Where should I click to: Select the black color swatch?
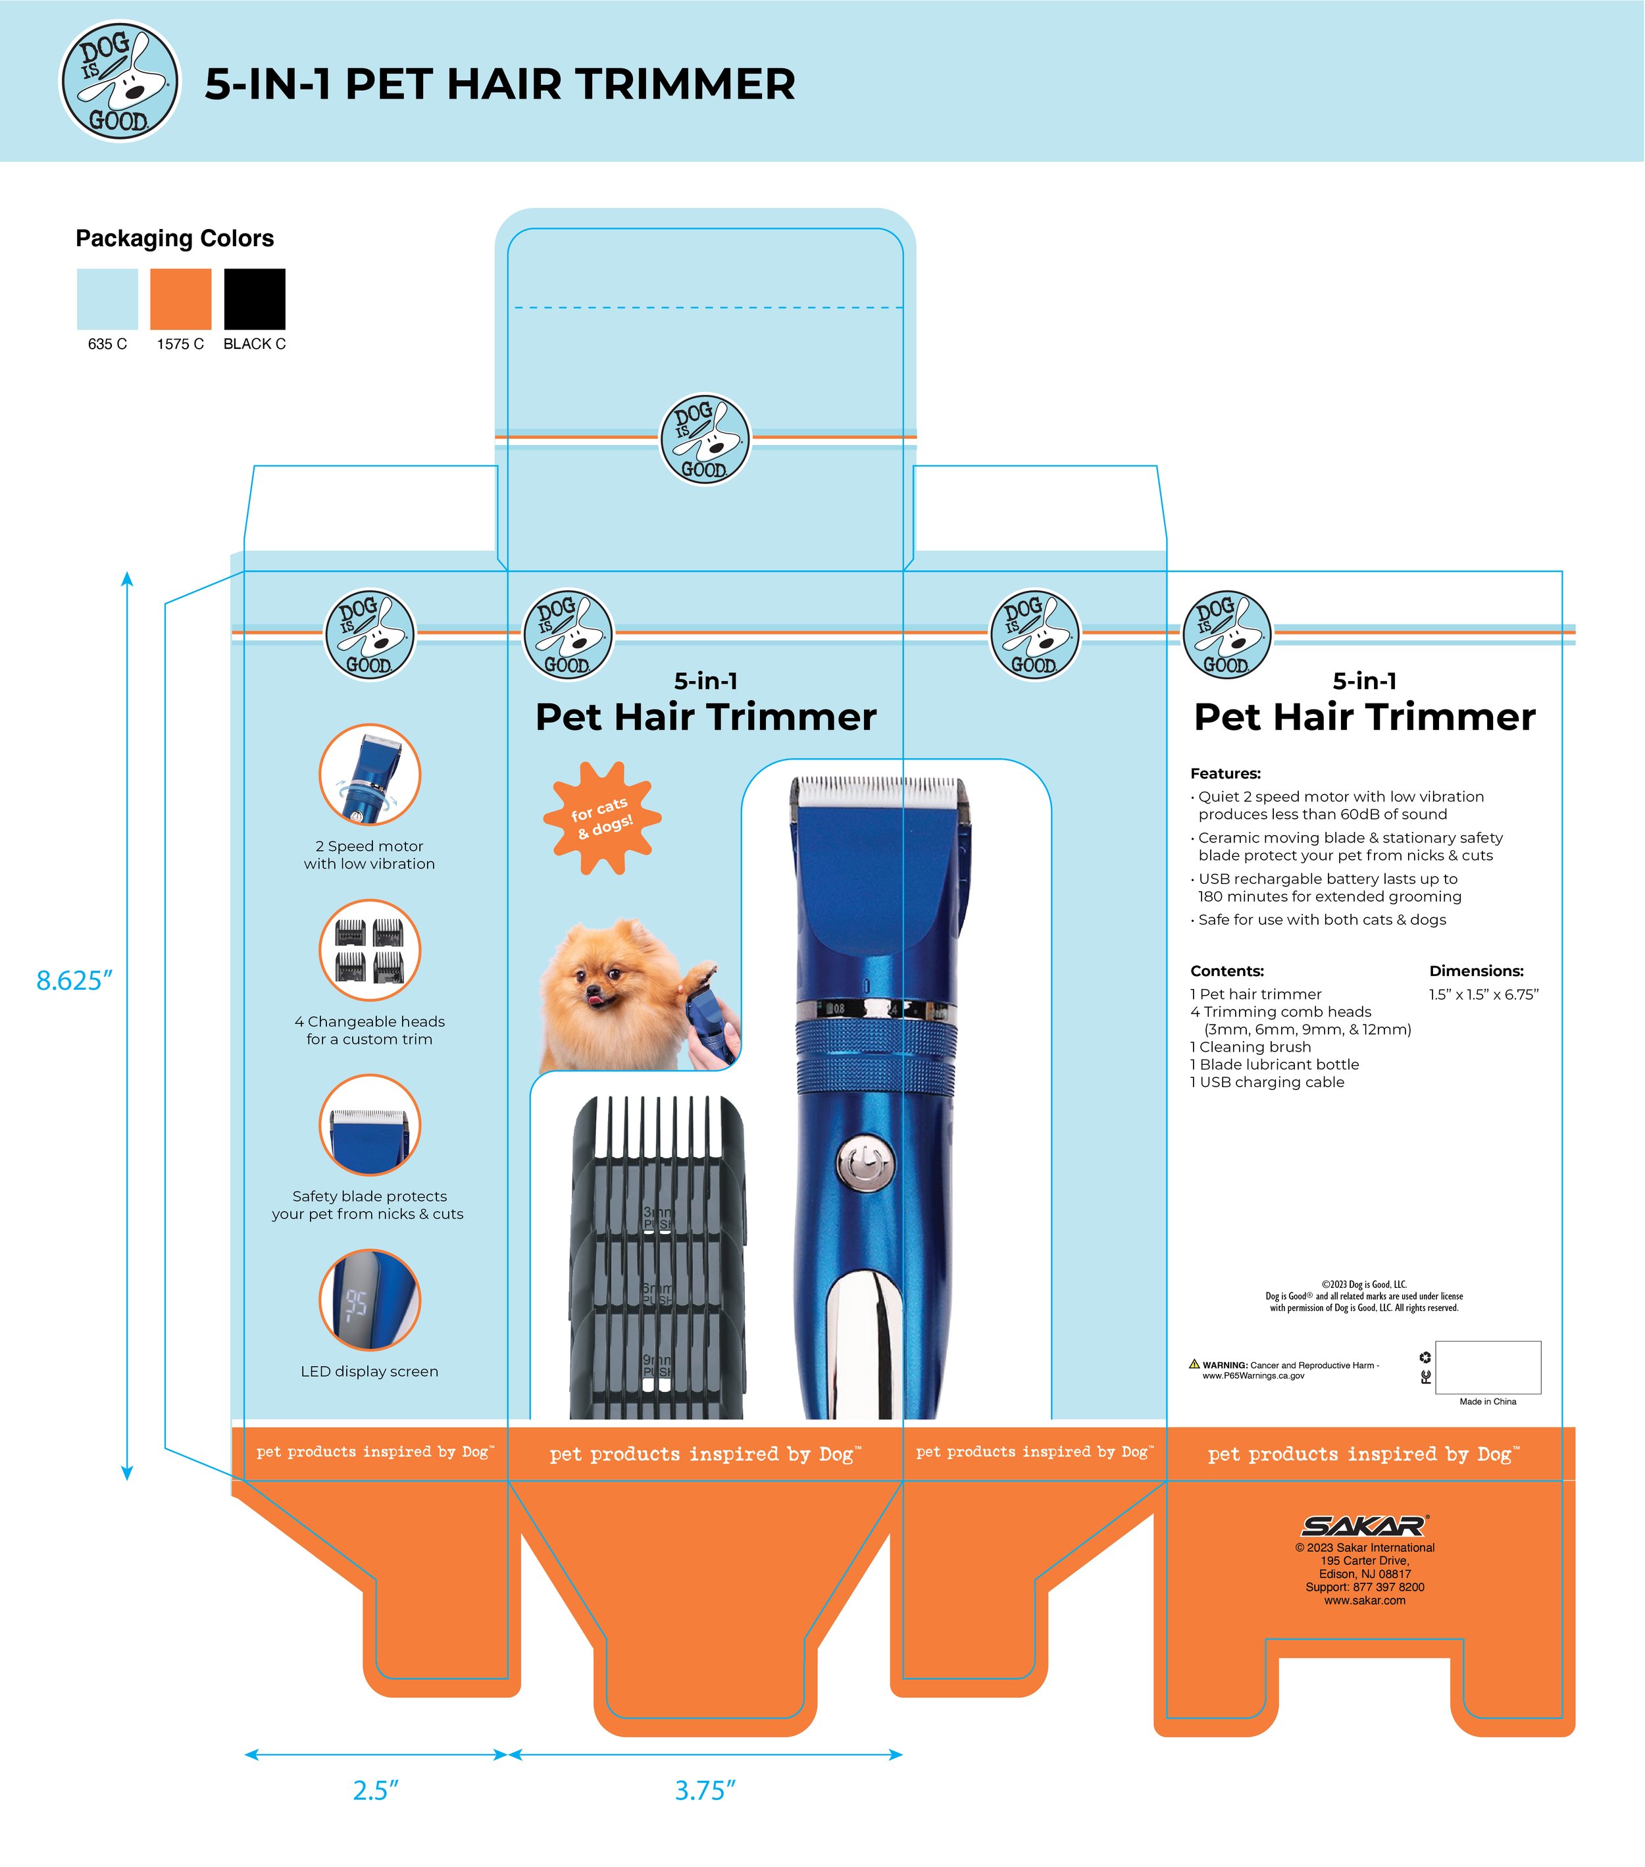(x=254, y=299)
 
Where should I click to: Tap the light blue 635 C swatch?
(x=107, y=299)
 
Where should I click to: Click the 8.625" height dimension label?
(x=74, y=980)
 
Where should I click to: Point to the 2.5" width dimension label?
(x=376, y=1790)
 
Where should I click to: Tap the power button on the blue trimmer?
(x=865, y=1163)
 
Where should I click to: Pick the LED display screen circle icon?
(x=369, y=1300)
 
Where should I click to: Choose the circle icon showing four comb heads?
(x=369, y=950)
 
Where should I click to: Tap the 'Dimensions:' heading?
(x=1476, y=971)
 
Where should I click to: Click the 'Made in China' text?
(x=1487, y=1401)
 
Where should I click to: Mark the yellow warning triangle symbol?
(x=1194, y=1364)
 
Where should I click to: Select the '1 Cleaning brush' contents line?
(x=1250, y=1047)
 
